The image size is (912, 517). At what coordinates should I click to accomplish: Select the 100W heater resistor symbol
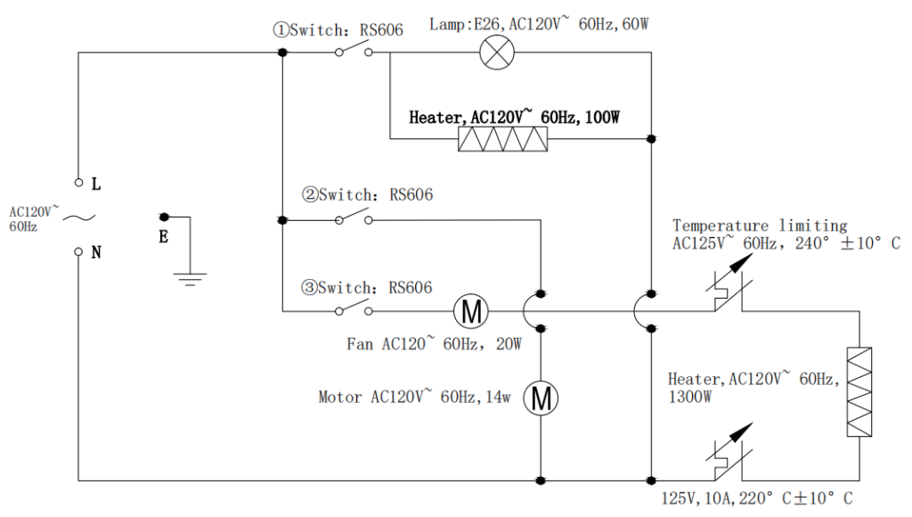coord(502,139)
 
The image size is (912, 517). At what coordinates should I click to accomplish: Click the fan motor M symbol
coord(471,311)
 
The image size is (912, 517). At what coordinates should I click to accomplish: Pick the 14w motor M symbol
coord(541,398)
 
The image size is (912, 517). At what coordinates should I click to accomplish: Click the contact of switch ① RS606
coord(354,51)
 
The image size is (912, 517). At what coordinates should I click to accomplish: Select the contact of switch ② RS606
coord(354,217)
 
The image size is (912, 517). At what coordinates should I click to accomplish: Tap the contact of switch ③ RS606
coord(354,309)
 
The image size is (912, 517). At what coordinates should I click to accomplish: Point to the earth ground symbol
coord(189,277)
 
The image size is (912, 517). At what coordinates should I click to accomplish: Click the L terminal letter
coord(96,185)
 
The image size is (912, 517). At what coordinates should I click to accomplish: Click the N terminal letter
coord(96,252)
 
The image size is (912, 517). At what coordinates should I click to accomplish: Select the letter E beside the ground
coord(163,237)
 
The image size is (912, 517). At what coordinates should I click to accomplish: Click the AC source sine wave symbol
coord(78,218)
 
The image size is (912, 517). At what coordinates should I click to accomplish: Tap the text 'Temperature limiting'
coord(760,226)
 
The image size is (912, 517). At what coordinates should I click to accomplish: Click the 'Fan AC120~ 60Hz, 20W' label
coord(434,342)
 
